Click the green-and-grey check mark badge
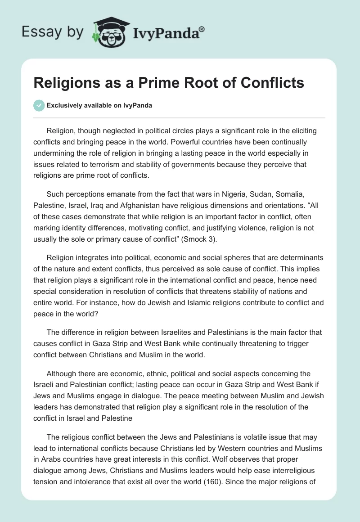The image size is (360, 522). (x=39, y=105)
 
